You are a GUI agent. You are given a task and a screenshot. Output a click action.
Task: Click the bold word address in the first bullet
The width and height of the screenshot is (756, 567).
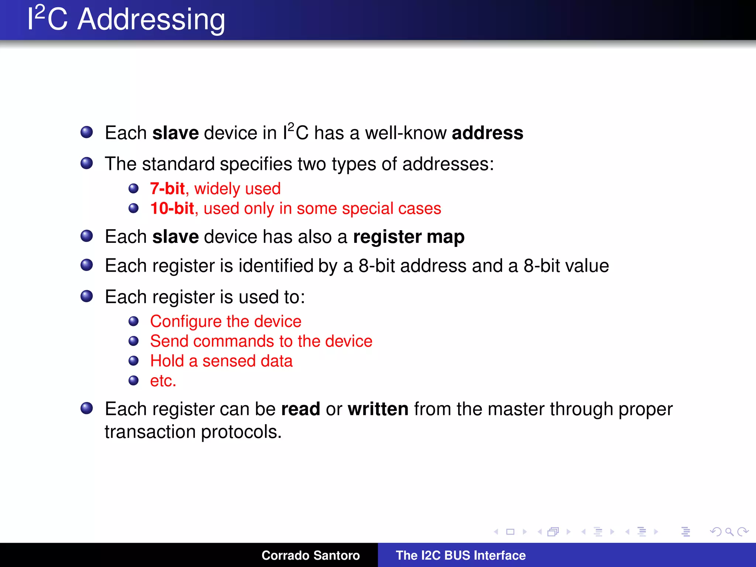point(487,133)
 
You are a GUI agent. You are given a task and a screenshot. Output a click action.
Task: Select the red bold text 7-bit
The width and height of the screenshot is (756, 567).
point(167,189)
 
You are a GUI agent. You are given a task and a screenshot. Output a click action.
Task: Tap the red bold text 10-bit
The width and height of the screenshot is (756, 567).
point(172,209)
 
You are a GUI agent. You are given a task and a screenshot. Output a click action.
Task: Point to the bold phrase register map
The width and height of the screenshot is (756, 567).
point(409,237)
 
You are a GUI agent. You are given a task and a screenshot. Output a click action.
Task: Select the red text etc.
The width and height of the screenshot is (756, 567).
point(163,381)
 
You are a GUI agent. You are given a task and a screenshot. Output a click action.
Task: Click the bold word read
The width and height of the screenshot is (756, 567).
point(300,409)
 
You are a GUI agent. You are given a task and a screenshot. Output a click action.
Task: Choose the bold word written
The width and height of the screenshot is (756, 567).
point(378,409)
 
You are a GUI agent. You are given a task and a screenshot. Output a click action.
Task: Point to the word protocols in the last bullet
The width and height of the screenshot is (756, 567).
point(241,432)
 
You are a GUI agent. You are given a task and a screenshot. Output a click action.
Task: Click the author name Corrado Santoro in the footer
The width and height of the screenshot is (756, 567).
point(310,555)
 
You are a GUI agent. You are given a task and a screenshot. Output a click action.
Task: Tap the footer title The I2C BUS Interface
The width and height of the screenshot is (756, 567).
point(461,555)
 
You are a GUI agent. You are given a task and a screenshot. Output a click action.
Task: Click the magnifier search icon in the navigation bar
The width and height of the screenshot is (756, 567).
point(729,532)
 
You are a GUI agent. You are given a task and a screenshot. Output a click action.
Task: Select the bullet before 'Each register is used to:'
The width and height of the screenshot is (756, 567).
point(87,296)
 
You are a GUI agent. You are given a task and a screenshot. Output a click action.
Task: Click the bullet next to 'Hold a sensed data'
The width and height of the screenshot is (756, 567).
point(133,361)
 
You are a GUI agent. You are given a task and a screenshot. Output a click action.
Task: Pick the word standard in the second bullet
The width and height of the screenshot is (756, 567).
point(178,164)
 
